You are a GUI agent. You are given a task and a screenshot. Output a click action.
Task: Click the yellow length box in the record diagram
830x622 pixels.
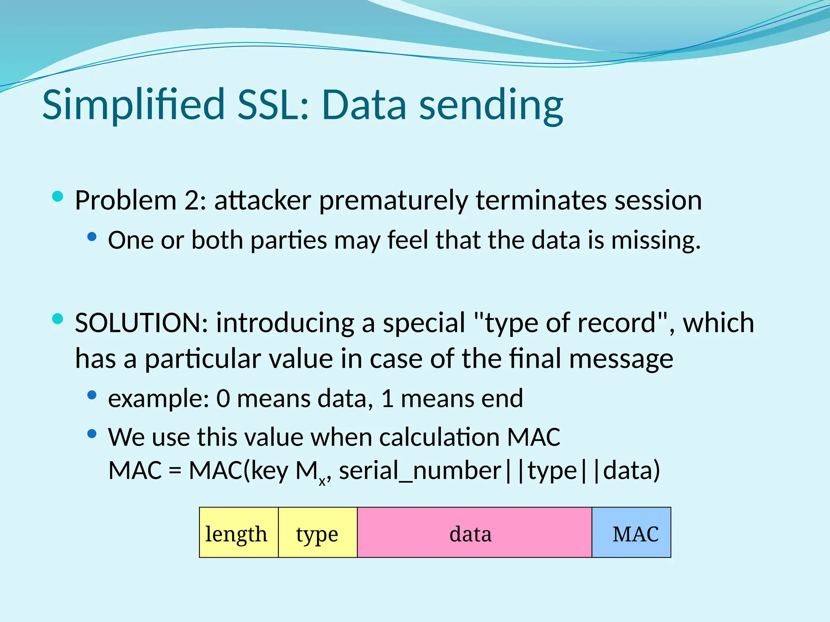(239, 532)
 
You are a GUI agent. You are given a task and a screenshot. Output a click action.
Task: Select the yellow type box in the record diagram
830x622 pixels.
(318, 532)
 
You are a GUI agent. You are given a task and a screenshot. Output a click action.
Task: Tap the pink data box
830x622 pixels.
(474, 532)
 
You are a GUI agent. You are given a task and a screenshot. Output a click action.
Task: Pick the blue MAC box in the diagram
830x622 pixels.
(631, 532)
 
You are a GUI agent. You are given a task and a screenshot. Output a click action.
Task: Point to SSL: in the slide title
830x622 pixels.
(274, 104)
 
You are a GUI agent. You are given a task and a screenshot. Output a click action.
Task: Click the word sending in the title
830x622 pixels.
(491, 104)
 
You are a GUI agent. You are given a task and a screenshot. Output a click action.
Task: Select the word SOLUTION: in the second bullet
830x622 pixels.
(141, 323)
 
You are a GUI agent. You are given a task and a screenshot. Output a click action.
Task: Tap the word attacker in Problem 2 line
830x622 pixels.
(263, 200)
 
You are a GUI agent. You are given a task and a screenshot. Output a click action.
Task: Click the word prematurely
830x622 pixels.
(393, 200)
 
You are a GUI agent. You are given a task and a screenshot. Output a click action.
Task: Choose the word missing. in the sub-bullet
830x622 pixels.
(656, 240)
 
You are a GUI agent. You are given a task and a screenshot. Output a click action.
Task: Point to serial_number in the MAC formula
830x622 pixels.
(420, 471)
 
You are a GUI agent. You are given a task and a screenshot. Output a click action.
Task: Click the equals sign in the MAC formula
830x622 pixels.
(175, 471)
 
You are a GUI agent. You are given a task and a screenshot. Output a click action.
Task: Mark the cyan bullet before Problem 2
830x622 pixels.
(58, 197)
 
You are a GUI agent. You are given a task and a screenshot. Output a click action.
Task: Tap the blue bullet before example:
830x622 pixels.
(92, 395)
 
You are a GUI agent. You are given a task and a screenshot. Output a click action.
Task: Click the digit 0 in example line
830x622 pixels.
(223, 398)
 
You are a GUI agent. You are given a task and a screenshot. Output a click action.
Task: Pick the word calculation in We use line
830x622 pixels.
(439, 437)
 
